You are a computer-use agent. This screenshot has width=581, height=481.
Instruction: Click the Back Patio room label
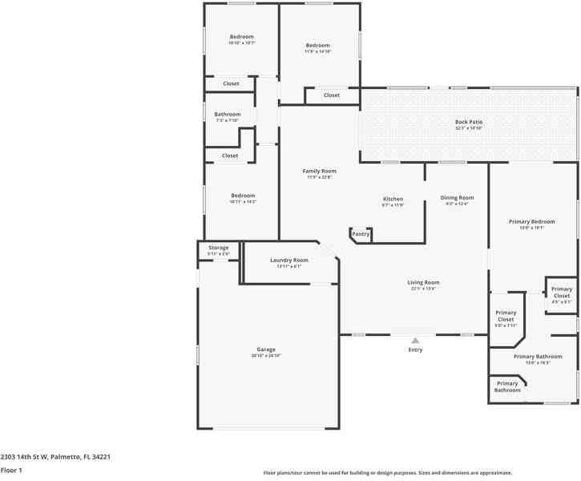click(469, 122)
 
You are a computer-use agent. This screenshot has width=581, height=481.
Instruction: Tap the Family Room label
click(319, 171)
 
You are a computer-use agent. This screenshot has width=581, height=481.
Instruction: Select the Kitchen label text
click(393, 199)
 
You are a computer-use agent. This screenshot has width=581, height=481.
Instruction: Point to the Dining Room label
click(457, 197)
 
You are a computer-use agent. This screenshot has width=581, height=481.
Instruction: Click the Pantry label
click(361, 234)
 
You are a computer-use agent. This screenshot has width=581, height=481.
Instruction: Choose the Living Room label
click(423, 282)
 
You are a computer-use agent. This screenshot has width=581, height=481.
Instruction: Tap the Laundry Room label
click(288, 261)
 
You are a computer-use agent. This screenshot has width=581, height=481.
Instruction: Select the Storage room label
click(219, 248)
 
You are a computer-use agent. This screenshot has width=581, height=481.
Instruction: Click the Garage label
click(266, 350)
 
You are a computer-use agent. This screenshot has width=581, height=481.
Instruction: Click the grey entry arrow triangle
click(415, 341)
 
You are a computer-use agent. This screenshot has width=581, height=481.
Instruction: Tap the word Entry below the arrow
click(415, 350)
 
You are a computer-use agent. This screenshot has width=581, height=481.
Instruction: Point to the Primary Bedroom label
click(532, 221)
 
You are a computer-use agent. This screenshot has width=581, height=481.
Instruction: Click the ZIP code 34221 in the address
click(100, 457)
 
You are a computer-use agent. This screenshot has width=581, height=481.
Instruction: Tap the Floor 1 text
click(11, 471)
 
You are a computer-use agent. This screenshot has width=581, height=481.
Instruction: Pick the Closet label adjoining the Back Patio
click(332, 95)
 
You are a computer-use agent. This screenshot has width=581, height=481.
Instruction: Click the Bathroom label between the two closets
click(228, 115)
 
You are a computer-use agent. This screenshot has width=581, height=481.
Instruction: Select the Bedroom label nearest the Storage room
click(243, 196)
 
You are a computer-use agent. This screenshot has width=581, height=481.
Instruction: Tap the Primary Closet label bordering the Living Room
click(506, 316)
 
